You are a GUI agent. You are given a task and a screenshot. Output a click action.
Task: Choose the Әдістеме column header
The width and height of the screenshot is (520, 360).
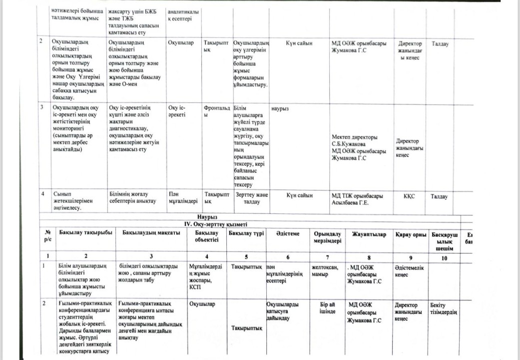287,233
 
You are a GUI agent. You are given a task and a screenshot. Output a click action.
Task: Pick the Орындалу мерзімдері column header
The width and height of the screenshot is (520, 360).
328,237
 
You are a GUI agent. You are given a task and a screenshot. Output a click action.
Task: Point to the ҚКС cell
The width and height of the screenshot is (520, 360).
409,196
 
